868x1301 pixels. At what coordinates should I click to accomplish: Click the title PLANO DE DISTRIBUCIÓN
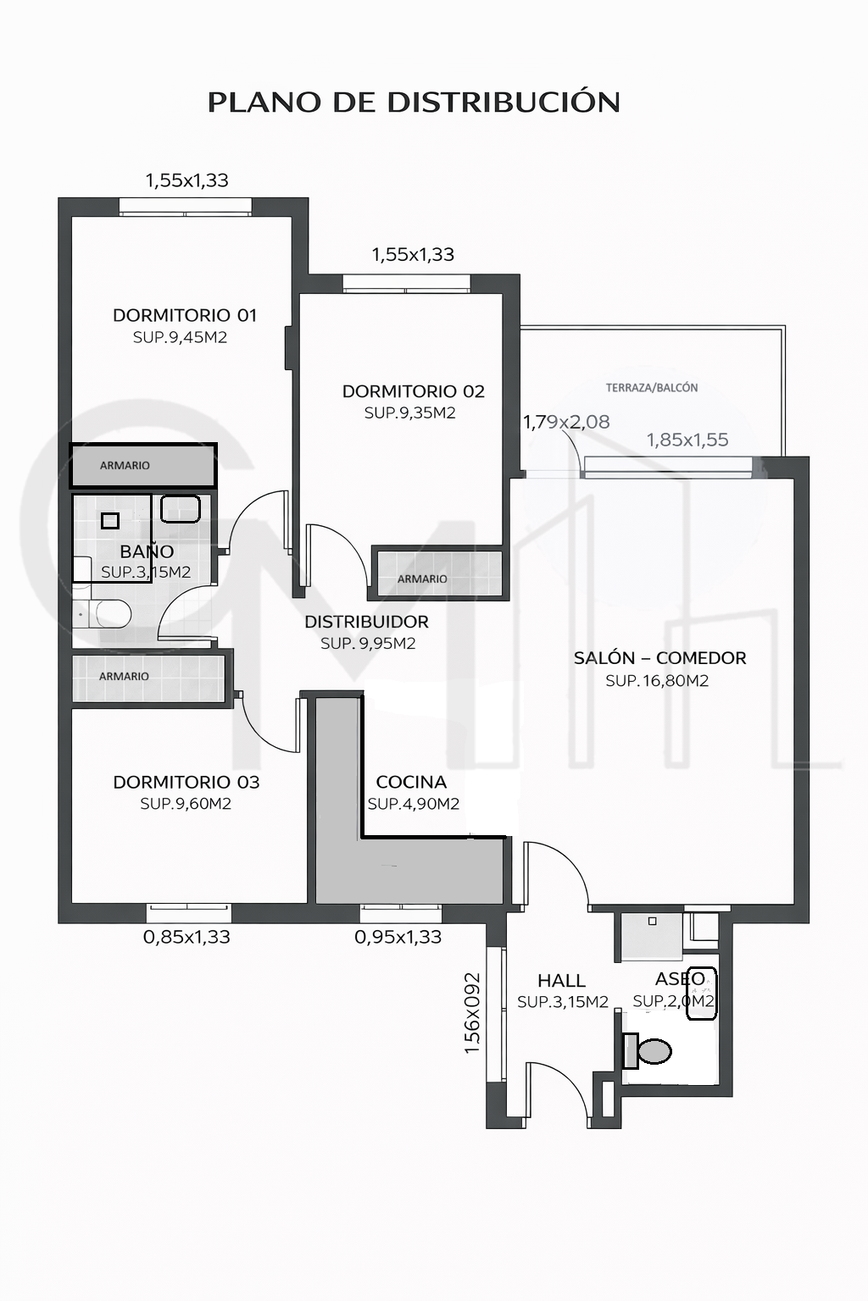[x=414, y=101]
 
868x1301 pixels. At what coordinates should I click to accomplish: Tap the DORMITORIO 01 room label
[x=184, y=315]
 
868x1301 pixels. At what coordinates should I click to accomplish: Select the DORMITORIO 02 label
[x=414, y=391]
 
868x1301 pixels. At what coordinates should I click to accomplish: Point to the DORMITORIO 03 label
[x=186, y=783]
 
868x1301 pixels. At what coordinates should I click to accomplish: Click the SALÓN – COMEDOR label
[x=659, y=658]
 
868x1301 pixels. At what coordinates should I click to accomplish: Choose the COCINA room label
[x=411, y=783]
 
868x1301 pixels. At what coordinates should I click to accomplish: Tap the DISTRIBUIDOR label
[x=366, y=622]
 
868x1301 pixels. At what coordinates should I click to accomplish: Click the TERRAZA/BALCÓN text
[x=652, y=388]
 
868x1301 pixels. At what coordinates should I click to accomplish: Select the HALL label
[x=561, y=981]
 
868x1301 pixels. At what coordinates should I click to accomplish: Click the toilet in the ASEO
[x=647, y=1050]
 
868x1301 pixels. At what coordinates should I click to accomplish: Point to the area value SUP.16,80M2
[x=657, y=681]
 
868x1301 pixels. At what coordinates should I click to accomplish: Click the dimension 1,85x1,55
[x=687, y=440]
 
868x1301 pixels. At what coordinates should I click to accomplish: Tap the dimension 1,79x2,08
[x=566, y=422]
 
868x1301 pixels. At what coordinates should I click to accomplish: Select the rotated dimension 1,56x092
[x=472, y=1014]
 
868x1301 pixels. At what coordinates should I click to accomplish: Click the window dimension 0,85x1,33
[x=186, y=937]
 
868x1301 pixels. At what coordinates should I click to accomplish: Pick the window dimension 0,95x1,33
[x=398, y=937]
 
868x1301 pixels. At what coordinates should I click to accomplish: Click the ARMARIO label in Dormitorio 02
[x=422, y=579]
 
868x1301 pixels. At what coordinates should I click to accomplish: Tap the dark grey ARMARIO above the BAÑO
[x=143, y=465]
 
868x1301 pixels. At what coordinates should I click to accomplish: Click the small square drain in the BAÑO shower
[x=110, y=521]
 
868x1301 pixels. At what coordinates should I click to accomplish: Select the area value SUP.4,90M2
[x=414, y=804]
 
